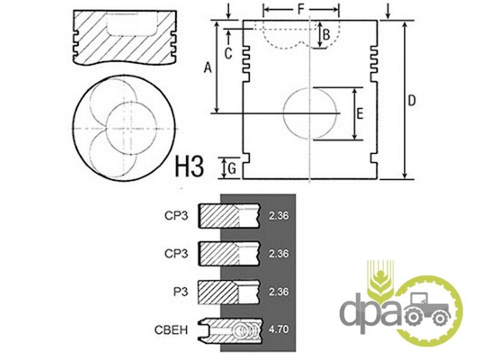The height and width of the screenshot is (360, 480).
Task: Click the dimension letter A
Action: point(208,67)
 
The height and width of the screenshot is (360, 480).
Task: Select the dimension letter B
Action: point(326,35)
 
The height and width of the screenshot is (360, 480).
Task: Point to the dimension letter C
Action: point(229,53)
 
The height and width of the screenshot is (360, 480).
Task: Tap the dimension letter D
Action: point(412,100)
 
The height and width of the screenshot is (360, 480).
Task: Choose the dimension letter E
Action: point(360,113)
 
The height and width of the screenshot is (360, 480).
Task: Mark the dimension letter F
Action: point(301,10)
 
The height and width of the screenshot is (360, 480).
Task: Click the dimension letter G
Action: point(232,169)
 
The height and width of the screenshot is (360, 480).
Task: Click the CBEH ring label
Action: point(171,330)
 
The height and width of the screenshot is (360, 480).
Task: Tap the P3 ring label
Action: point(181,292)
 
